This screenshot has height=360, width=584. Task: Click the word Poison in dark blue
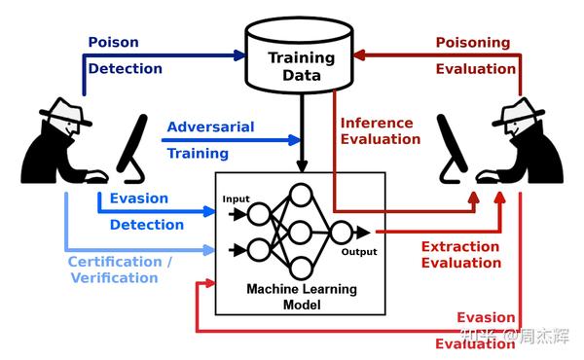click(x=114, y=43)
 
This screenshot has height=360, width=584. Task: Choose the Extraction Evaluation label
click(x=460, y=255)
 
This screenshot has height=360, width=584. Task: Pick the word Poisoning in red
click(x=472, y=43)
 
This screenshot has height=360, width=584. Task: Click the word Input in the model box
click(x=236, y=198)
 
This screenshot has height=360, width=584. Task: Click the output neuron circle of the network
click(x=341, y=233)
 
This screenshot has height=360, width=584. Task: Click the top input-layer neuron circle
click(x=259, y=212)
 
